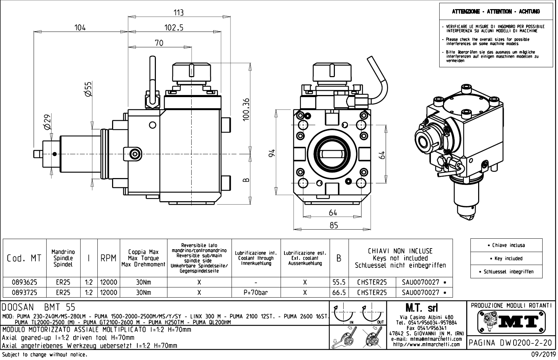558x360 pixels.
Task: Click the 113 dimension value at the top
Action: pyautogui.click(x=179, y=13)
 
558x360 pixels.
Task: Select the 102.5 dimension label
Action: pyautogui.click(x=174, y=27)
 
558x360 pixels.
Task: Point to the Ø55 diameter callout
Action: pyautogui.click(x=88, y=89)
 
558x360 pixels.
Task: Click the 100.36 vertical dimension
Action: pyautogui.click(x=246, y=109)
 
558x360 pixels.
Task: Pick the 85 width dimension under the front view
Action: pyautogui.click(x=333, y=225)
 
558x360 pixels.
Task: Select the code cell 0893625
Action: pyautogui.click(x=25, y=282)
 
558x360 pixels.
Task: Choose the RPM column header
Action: pyautogui.click(x=109, y=258)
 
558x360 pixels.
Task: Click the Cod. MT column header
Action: pyautogui.click(x=24, y=258)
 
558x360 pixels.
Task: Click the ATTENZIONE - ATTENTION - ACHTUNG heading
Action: pyautogui.click(x=496, y=12)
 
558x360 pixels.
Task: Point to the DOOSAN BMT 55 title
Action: pyautogui.click(x=39, y=307)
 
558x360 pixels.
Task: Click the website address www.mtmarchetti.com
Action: pyautogui.click(x=426, y=344)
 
